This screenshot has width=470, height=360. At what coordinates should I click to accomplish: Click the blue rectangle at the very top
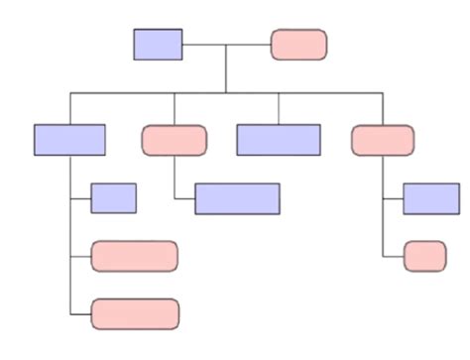158,44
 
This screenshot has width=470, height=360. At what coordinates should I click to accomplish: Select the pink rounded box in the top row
298,44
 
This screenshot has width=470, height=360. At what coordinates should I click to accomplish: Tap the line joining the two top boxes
226,44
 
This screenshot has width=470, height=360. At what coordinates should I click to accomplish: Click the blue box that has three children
69,140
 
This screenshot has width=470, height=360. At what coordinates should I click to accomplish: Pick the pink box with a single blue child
175,140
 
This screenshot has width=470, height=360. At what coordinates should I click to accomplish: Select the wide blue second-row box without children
279,140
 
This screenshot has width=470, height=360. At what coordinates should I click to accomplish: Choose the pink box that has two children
383,140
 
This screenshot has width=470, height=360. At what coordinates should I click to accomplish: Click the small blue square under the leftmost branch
113,198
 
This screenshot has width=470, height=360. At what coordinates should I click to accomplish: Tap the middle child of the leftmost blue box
134,256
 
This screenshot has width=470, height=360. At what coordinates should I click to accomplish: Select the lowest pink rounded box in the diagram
135,313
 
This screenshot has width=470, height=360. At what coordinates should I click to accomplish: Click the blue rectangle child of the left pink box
237,198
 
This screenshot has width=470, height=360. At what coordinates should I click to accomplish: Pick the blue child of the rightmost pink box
430,198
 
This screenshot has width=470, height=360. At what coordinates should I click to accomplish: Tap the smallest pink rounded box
424,256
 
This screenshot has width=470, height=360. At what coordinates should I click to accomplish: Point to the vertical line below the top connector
226,69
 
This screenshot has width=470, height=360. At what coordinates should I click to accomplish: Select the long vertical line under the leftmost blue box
70,238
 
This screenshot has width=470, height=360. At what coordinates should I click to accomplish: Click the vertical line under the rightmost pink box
383,208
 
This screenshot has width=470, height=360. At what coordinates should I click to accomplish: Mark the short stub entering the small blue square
80,198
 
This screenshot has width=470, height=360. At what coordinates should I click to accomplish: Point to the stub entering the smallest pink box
393,256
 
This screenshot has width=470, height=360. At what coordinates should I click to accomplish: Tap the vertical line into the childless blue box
279,108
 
